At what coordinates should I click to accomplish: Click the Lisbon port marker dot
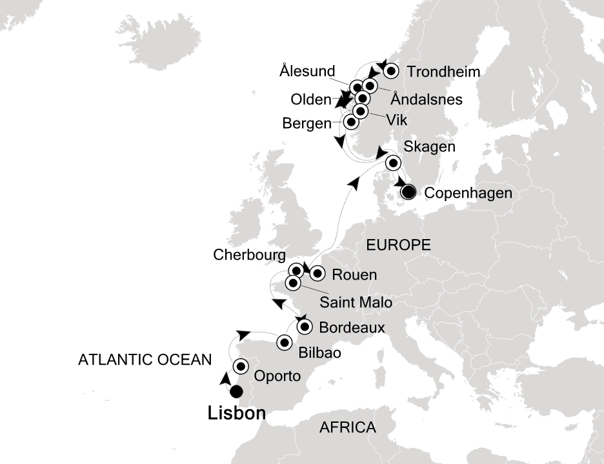click(x=236, y=391)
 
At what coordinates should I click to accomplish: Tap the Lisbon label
click(x=237, y=414)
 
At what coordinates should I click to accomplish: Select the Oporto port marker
click(x=241, y=367)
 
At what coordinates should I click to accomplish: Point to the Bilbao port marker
click(x=284, y=343)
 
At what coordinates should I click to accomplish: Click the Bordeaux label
click(x=352, y=327)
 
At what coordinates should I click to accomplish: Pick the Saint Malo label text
click(x=356, y=301)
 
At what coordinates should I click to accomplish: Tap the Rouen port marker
click(x=317, y=274)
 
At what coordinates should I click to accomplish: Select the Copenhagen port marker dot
click(x=408, y=191)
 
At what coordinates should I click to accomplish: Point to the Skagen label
click(x=428, y=147)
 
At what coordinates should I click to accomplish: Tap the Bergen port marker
click(x=351, y=121)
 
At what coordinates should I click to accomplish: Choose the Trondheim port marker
click(x=390, y=72)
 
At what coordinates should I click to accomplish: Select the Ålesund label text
click(x=308, y=70)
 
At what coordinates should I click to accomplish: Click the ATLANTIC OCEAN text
click(x=145, y=360)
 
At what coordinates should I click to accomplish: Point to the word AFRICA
click(x=348, y=427)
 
